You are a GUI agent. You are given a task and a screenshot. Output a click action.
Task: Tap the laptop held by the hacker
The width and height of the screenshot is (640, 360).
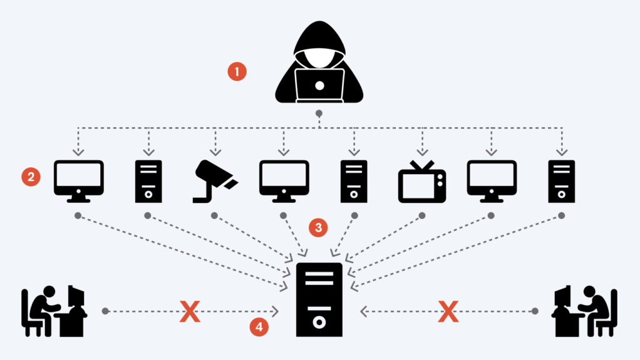(x=319, y=85)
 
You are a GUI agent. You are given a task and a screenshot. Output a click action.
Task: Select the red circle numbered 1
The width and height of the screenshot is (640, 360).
(x=237, y=72)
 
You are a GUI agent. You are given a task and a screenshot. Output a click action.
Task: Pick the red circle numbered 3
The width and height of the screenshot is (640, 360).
(x=319, y=227)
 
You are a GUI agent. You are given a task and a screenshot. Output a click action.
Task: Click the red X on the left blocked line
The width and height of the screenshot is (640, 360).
(x=190, y=311)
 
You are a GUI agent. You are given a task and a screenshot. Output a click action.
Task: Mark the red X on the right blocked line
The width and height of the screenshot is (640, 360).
(x=448, y=311)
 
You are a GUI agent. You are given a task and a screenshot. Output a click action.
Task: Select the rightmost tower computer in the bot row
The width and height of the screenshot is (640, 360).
(x=561, y=182)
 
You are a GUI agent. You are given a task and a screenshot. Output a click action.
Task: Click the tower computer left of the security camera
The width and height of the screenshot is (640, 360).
(x=148, y=182)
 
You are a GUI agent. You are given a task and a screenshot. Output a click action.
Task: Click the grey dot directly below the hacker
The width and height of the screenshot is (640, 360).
(x=319, y=113)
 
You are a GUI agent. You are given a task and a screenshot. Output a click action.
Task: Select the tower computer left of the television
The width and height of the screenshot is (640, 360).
(x=354, y=182)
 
